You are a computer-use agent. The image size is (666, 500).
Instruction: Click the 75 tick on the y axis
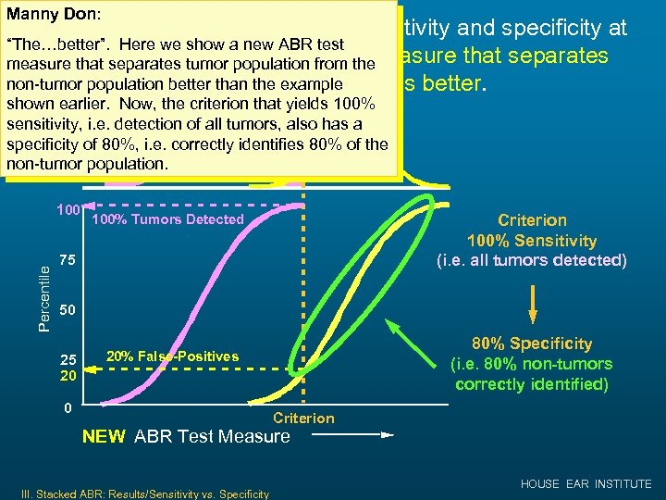coord(67,261)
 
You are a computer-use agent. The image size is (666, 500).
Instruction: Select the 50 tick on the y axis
coord(67,308)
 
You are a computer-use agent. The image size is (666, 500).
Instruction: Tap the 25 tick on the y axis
coord(68,359)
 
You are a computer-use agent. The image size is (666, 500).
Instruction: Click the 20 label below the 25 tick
coord(68,376)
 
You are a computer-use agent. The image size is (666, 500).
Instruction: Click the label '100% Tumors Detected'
coord(167,219)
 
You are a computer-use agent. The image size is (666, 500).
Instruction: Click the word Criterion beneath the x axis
coord(303,419)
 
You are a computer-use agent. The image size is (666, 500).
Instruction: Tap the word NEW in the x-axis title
coord(105,437)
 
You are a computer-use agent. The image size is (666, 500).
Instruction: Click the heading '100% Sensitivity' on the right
coord(532,240)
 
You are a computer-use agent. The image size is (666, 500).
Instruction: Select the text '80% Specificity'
coord(532,344)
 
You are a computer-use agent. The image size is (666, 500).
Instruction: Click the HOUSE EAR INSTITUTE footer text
coord(586,484)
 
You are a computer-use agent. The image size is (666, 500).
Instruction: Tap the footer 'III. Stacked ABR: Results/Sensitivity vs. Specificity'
coord(139,494)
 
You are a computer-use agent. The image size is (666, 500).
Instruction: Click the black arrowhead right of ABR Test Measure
coord(388,433)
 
